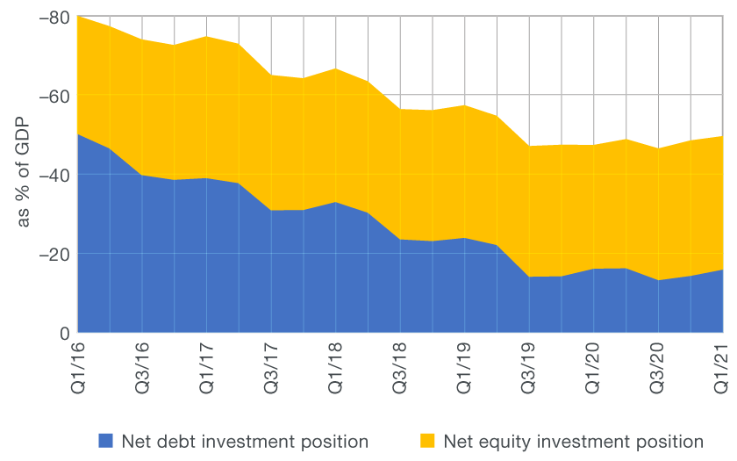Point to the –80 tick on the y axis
point(54,18)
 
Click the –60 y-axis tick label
point(54,97)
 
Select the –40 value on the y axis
point(54,176)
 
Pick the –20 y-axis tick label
point(54,255)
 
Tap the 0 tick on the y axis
point(64,334)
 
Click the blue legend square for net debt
point(106,441)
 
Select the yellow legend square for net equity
point(427,441)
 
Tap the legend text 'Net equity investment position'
point(573,441)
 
